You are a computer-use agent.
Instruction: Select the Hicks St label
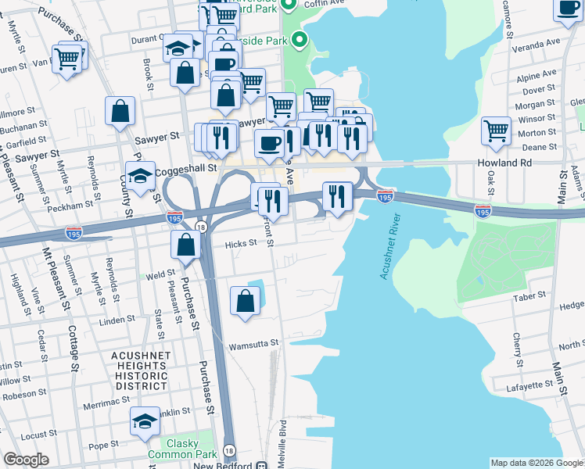click(x=241, y=243)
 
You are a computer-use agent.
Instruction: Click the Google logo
click(x=26, y=460)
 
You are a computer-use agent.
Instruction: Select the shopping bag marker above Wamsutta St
click(x=246, y=301)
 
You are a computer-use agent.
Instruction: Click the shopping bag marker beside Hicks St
click(x=186, y=245)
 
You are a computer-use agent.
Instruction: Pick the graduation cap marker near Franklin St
click(x=145, y=422)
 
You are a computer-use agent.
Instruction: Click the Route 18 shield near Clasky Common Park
click(x=229, y=450)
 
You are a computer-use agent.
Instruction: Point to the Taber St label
click(x=528, y=298)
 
